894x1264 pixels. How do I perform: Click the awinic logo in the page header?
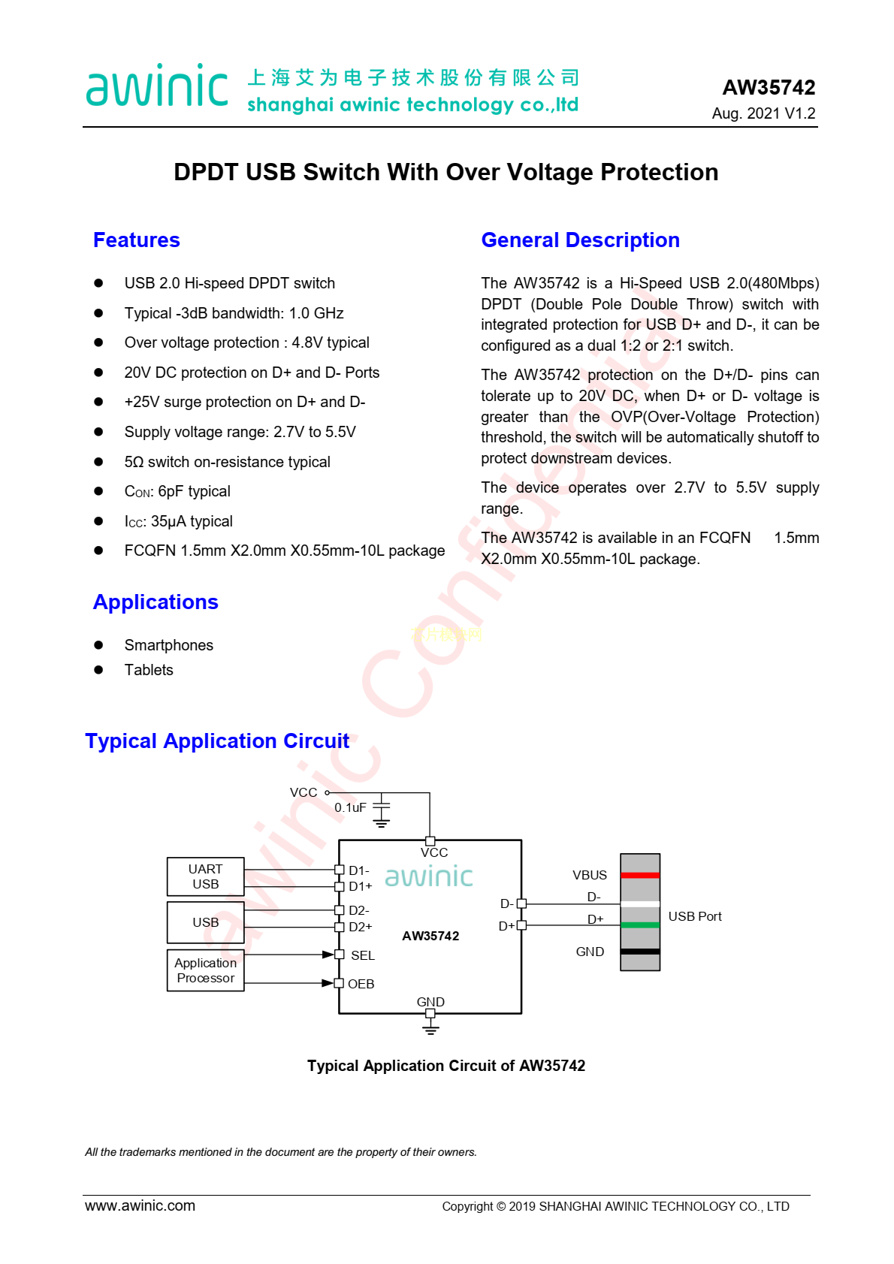pyautogui.click(x=157, y=86)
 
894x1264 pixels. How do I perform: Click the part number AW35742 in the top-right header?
pyautogui.click(x=769, y=88)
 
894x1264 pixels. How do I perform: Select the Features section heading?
pyautogui.click(x=137, y=240)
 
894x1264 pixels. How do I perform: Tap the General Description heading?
pyautogui.click(x=580, y=240)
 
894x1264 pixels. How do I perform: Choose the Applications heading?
pyautogui.click(x=156, y=602)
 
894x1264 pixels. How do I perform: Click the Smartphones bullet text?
pyautogui.click(x=168, y=645)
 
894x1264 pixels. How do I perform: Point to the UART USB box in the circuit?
pyautogui.click(x=205, y=876)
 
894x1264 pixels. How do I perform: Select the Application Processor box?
pyautogui.click(x=205, y=970)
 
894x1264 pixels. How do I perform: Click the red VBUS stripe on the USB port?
pyautogui.click(x=640, y=875)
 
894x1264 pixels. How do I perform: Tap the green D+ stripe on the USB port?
pyautogui.click(x=640, y=925)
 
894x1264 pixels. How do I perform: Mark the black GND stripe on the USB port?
pyautogui.click(x=640, y=952)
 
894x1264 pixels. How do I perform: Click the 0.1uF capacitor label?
pyautogui.click(x=350, y=808)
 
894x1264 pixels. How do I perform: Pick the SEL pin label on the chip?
pyautogui.click(x=362, y=955)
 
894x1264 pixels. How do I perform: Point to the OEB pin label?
pyautogui.click(x=361, y=984)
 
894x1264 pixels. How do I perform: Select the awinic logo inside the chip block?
pyautogui.click(x=429, y=876)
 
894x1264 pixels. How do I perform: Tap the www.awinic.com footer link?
pyautogui.click(x=140, y=1205)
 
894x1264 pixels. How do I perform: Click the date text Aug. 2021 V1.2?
pyautogui.click(x=763, y=113)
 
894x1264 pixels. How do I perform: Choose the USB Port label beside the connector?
pyautogui.click(x=695, y=916)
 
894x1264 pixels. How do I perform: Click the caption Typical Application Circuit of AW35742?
pyautogui.click(x=446, y=1066)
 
